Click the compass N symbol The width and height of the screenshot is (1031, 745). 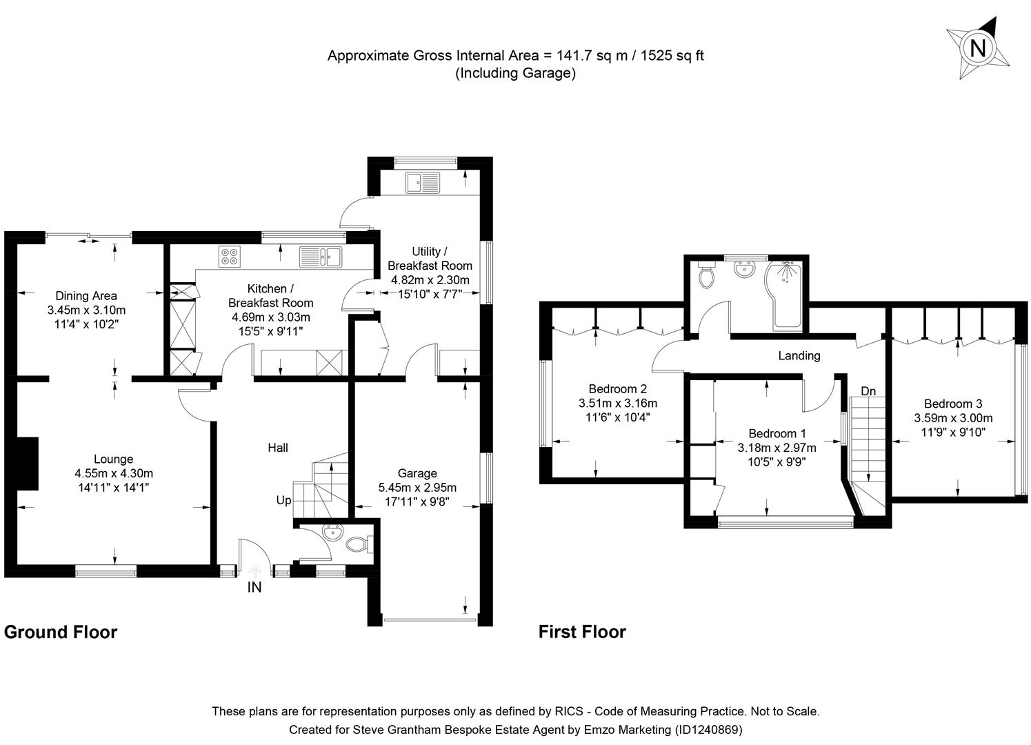pos(977,48)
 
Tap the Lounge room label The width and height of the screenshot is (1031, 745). pos(114,459)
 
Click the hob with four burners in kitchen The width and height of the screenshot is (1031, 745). pos(229,257)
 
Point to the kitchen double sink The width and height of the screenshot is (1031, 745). pos(321,257)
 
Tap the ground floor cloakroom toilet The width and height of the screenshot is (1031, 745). pos(359,544)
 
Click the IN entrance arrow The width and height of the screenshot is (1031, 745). pos(254,571)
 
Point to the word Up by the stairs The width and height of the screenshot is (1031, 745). pos(283,501)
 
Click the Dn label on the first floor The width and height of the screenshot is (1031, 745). pos(868,391)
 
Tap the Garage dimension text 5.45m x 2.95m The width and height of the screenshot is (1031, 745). pos(417,488)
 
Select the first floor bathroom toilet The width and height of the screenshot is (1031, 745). pos(706,275)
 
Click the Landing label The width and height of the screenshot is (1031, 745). pos(799,356)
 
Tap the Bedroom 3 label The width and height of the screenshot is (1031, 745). pos(953,404)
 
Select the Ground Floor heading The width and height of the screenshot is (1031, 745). pos(61,632)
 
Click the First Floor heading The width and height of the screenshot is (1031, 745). pos(582,632)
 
